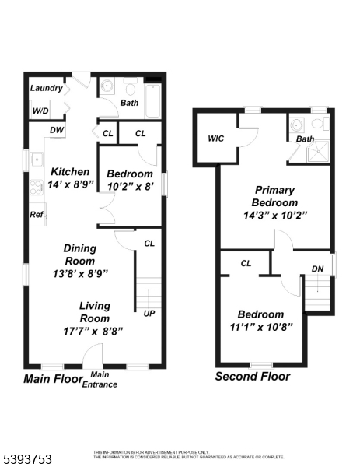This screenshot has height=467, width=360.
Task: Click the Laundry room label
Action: point(46,88)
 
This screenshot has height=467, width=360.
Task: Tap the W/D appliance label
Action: point(40,111)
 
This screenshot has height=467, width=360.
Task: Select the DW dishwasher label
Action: point(57,130)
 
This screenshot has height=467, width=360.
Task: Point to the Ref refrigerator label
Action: point(37,215)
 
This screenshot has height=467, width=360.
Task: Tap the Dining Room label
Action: point(80,254)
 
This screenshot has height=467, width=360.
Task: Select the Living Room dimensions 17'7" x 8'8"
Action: point(100,330)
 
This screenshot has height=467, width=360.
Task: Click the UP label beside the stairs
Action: point(149,314)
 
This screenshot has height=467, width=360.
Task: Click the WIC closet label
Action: point(216,139)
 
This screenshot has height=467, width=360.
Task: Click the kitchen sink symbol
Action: point(36,160)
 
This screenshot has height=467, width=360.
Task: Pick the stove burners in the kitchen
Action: point(36,186)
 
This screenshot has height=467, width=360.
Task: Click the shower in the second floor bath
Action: point(316,150)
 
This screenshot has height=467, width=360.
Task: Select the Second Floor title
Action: point(252,376)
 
